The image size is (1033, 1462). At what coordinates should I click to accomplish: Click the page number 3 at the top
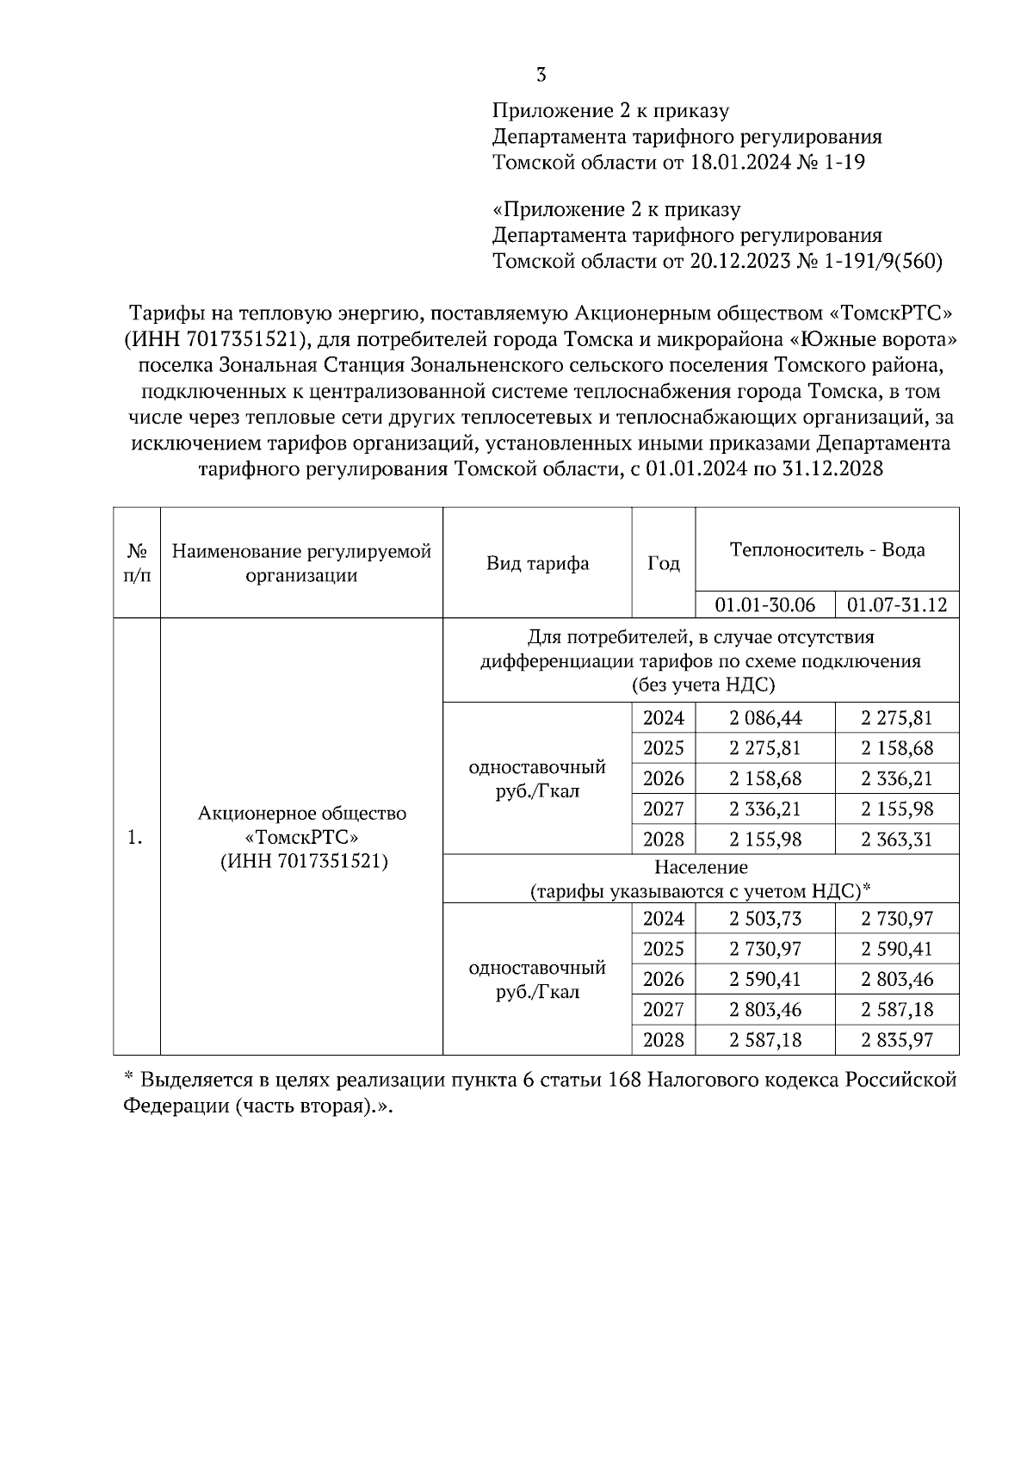pos(541,75)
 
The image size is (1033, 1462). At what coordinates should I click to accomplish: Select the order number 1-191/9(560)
pos(883,261)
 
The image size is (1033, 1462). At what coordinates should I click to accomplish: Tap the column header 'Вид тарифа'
pos(537,563)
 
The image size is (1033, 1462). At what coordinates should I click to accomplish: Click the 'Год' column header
pos(663,563)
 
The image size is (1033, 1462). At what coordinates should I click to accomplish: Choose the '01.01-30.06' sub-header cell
pos(764,604)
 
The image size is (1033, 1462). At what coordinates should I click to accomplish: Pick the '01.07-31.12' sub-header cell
pos(897,604)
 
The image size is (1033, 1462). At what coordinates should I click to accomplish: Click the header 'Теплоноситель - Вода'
pos(826,549)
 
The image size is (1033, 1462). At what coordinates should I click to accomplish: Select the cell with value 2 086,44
pos(764,718)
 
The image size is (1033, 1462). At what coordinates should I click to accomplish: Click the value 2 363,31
pos(897,839)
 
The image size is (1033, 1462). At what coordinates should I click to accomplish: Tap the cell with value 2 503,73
pos(764,919)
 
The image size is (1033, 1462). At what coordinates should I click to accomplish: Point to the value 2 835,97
pos(897,1040)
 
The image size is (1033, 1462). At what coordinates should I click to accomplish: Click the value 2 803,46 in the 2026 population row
pos(897,979)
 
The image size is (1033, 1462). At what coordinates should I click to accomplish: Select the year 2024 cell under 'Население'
pos(663,919)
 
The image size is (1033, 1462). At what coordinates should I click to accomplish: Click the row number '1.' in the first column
pos(135,837)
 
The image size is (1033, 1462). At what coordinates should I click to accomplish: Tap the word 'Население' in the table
pos(701,867)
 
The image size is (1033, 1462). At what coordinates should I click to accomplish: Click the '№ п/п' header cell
pos(137,563)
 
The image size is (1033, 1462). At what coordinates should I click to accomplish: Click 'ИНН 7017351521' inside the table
pos(301,861)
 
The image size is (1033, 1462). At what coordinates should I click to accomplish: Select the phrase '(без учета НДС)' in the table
pos(701,685)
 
